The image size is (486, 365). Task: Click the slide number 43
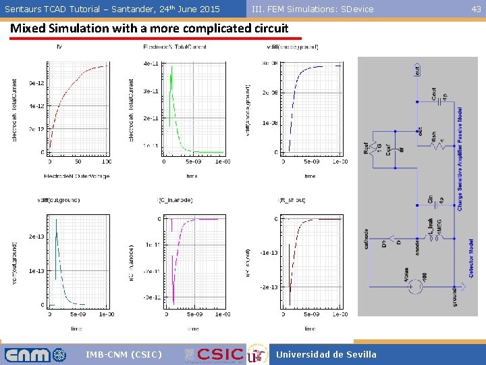[476, 9]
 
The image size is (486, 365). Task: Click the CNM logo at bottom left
[36, 354]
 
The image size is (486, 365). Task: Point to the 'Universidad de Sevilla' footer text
[326, 354]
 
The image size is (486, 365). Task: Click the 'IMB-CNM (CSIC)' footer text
[124, 354]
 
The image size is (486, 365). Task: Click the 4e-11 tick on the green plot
[151, 64]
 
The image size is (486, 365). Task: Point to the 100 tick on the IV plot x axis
[106, 162]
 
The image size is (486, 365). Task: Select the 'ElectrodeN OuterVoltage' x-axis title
[76, 176]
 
